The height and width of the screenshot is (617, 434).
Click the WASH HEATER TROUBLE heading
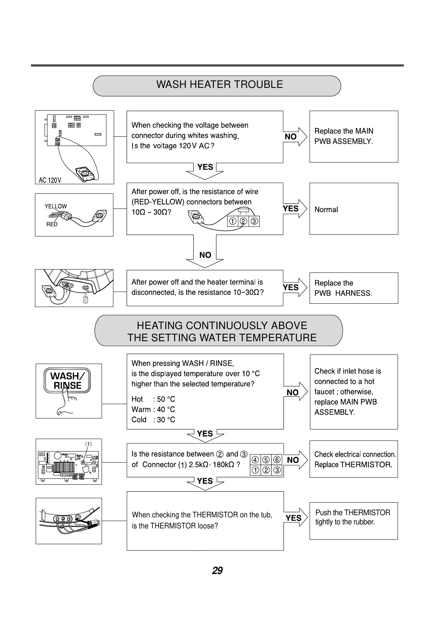219,85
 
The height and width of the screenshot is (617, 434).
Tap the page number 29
217,571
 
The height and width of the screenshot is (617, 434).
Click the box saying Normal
353,209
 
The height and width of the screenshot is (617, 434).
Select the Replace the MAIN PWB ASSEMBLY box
353,136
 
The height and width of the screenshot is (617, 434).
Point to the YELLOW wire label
56,206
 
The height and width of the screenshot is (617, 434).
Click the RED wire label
52,224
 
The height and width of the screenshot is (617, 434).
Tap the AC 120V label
50,180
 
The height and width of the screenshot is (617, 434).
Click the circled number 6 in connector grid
277,460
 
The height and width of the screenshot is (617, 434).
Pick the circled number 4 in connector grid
255,460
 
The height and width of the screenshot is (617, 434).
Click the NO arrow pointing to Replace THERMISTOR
294,460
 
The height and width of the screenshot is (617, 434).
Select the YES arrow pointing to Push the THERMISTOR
295,518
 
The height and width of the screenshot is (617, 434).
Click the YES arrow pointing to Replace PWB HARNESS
293,287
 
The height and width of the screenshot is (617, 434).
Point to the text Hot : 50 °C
153,399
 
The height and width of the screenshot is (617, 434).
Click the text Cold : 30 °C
153,420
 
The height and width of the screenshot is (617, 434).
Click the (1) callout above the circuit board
88,444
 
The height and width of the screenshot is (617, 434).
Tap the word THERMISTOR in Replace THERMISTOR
366,465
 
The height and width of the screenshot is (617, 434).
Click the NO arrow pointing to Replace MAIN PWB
293,136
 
